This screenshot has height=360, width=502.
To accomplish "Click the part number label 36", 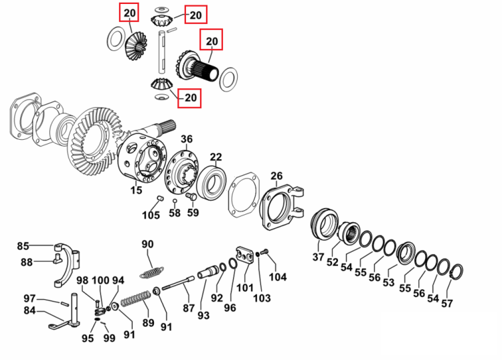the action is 187,139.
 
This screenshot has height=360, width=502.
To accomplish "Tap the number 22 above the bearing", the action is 216,157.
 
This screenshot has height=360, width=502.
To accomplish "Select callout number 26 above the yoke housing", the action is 276,176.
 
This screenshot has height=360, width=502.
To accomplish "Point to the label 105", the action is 151,215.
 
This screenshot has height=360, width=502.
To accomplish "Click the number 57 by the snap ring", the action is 447,303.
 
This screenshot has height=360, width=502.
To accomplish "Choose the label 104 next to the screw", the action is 278,277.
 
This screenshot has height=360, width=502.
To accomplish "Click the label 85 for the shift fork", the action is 23,246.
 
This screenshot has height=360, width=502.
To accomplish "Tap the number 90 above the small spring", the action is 148,244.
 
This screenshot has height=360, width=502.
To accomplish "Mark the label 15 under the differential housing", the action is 136,190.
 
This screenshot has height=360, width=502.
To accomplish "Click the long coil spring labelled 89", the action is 136,298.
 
